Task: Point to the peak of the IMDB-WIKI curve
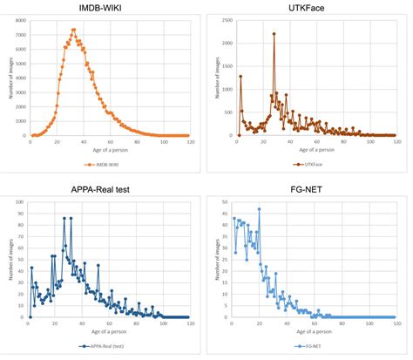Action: tap(73, 30)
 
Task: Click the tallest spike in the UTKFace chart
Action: tap(274, 34)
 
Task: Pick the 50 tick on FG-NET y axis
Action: tap(226, 202)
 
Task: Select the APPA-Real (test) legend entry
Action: tap(102, 345)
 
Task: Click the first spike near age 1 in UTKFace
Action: tap(240, 76)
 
